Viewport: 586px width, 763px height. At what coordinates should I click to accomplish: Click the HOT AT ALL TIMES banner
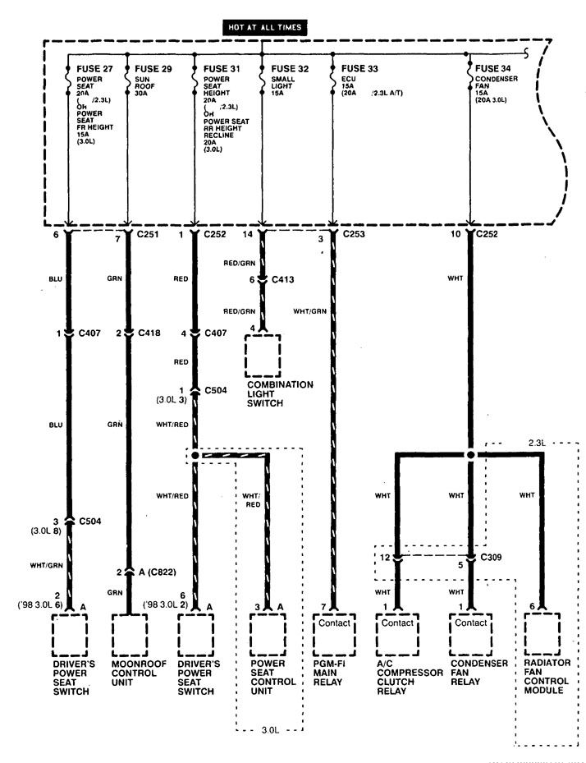[266, 27]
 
